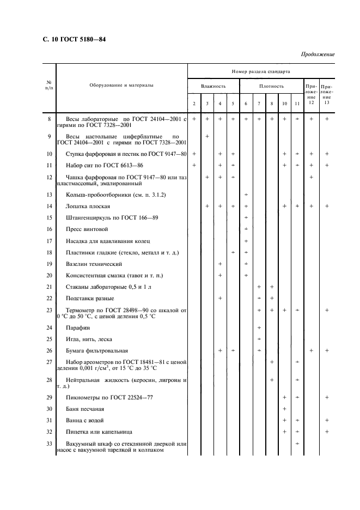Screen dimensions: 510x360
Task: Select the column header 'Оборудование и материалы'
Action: tap(121, 86)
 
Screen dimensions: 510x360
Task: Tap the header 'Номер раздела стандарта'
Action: tap(260, 71)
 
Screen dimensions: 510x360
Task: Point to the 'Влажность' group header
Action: tap(213, 86)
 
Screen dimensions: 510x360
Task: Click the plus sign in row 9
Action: tap(207, 136)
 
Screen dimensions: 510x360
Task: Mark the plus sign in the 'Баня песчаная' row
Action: tap(284, 409)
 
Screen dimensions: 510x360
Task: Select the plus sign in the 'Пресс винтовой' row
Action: tap(246, 229)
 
